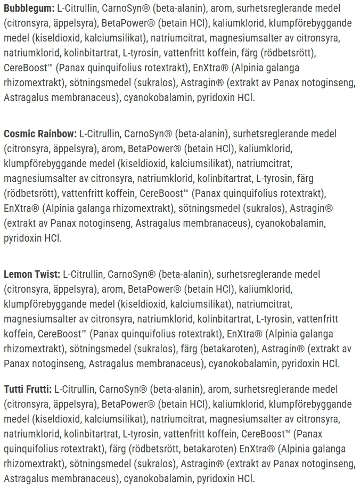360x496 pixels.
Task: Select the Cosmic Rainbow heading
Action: (40, 134)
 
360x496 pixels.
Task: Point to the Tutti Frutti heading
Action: (28, 389)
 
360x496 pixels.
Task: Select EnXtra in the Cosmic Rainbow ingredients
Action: (21, 208)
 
